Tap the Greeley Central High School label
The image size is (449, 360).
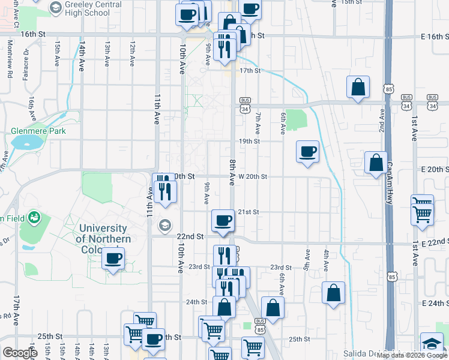point(89,8)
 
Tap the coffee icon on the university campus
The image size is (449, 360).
point(113,259)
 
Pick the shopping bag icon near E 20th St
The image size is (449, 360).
point(376,162)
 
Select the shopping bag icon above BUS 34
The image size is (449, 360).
point(358,87)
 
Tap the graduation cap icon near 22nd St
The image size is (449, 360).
point(163,226)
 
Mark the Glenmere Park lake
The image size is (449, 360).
point(25,142)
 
